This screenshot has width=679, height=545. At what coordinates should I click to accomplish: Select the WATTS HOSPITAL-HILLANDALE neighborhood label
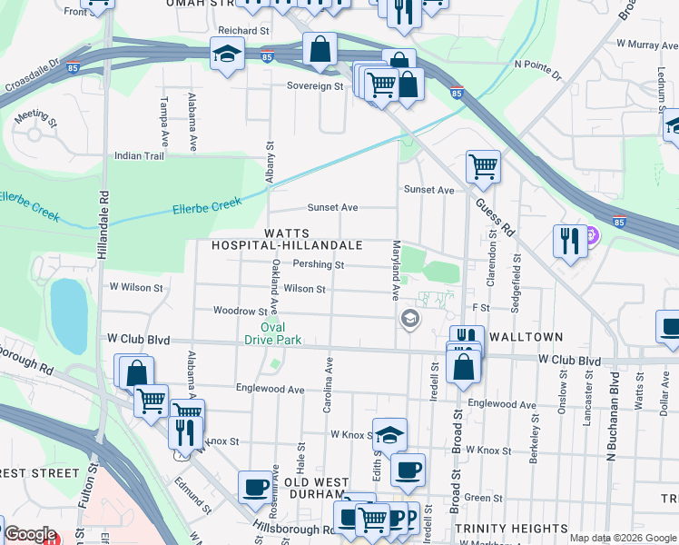pos(287,240)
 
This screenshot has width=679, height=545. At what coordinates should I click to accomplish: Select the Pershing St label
pos(319,265)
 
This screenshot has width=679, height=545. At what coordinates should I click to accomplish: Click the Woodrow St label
pos(240,311)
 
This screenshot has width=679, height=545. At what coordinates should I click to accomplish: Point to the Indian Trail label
pos(139,155)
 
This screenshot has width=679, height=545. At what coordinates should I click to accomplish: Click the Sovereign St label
pos(315,86)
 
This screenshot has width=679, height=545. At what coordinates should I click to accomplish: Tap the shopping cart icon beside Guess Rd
pos(483,165)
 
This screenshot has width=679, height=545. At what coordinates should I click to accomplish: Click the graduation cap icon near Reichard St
pos(226,54)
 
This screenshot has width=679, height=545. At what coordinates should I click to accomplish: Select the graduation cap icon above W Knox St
pos(389,433)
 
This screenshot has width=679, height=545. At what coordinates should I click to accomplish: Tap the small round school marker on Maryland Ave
pos(410,318)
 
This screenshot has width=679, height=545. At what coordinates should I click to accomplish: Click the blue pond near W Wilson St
pos(68,310)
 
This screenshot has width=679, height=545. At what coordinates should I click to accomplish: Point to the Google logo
pos(30,534)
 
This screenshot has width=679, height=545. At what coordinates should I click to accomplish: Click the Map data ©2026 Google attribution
pos(623,538)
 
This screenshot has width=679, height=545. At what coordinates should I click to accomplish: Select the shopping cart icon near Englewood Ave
pos(151,399)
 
